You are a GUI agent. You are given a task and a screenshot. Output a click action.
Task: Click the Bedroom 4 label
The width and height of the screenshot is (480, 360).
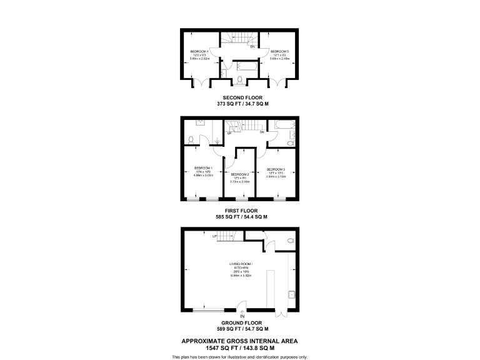click(199, 51)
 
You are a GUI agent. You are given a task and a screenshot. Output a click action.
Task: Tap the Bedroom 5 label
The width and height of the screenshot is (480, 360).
click(279, 51)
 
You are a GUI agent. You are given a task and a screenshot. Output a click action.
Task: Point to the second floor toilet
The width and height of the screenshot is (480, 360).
click(239, 79)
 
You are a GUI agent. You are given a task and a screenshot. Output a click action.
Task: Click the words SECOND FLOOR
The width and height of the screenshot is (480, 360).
click(239, 98)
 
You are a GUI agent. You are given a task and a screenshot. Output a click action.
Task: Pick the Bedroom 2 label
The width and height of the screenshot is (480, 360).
click(240, 174)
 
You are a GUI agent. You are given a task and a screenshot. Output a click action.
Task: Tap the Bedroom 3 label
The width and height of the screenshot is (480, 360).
click(276, 169)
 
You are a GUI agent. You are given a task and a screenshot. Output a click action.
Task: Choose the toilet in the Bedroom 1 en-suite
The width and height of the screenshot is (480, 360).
click(191, 139)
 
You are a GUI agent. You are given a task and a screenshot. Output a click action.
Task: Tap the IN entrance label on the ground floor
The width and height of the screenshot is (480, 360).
click(242, 316)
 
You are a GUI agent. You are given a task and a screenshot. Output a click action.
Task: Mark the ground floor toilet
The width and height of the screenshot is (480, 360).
click(289, 241)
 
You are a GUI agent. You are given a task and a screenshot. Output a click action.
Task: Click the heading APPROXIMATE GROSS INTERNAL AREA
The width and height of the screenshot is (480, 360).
click(239, 341)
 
